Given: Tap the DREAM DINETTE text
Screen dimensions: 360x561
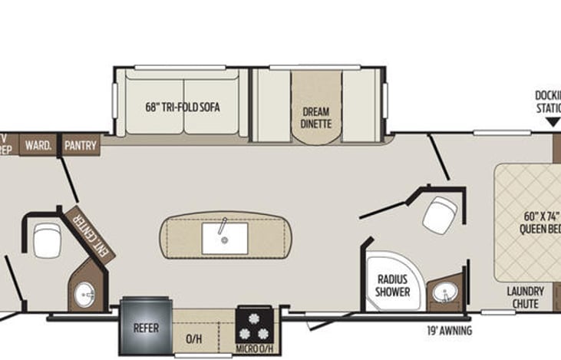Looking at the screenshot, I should [315, 116].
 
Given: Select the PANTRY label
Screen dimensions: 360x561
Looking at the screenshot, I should [81, 144].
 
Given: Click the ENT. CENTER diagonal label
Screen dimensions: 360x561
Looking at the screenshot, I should [89, 233].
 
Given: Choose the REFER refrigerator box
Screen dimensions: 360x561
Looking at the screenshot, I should [145, 328].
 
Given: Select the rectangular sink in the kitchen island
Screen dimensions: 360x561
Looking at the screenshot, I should [225, 238].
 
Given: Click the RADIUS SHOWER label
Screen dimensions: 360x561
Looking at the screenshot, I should [393, 286].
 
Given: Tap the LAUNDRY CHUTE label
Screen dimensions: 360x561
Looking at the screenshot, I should [525, 297].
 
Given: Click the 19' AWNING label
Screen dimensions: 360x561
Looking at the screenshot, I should [450, 331].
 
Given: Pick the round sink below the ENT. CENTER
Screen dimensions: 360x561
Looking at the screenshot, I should [84, 294].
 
